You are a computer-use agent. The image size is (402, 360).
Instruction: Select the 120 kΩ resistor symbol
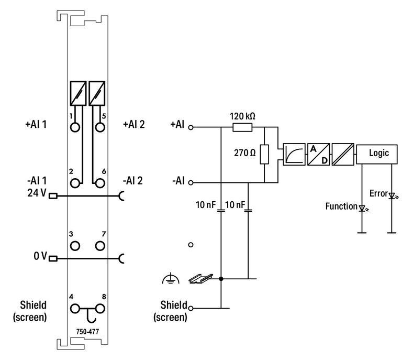pos(242,127)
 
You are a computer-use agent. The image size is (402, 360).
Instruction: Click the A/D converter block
pos(318,154)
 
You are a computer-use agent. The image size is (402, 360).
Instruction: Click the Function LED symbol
pos(361,208)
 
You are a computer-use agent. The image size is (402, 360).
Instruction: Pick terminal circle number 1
pos(76,127)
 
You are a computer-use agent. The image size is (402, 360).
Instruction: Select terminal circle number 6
pos(99,182)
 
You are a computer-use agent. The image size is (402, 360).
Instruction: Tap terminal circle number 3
pos(76,245)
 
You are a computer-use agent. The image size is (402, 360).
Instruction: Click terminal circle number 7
pos(99,245)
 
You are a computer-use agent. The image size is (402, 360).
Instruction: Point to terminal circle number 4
pos(76,308)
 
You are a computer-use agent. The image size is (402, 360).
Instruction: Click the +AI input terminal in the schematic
pos(191,127)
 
